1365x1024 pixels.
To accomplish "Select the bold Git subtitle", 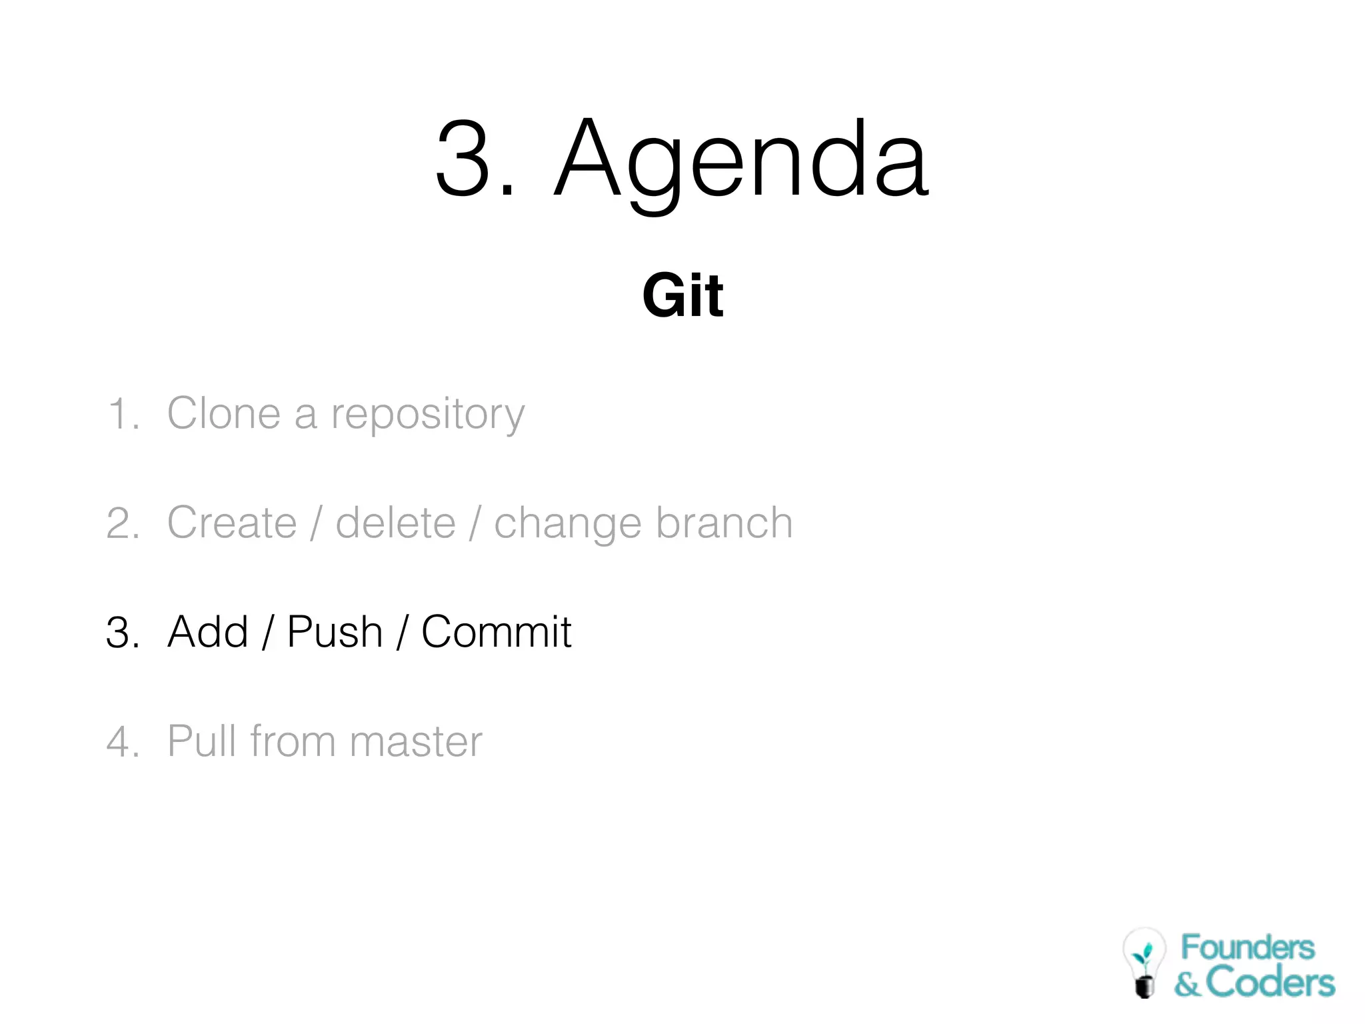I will point(682,295).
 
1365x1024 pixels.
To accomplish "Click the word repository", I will point(428,415).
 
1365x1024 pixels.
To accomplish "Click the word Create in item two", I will point(231,523).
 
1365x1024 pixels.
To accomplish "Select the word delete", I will point(395,523).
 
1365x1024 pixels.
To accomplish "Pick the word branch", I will point(724,523).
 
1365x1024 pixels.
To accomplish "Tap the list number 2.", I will point(122,523).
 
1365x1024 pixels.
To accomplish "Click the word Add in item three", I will point(207,632).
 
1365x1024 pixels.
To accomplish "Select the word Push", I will point(335,632).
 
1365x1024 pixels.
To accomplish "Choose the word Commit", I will point(496,632).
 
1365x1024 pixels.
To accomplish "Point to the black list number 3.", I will point(122,633).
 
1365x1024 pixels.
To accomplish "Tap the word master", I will point(415,742).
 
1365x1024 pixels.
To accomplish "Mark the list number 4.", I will point(122,742).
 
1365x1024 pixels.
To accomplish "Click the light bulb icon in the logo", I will point(1144,962).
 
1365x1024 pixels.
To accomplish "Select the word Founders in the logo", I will point(1247,947).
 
